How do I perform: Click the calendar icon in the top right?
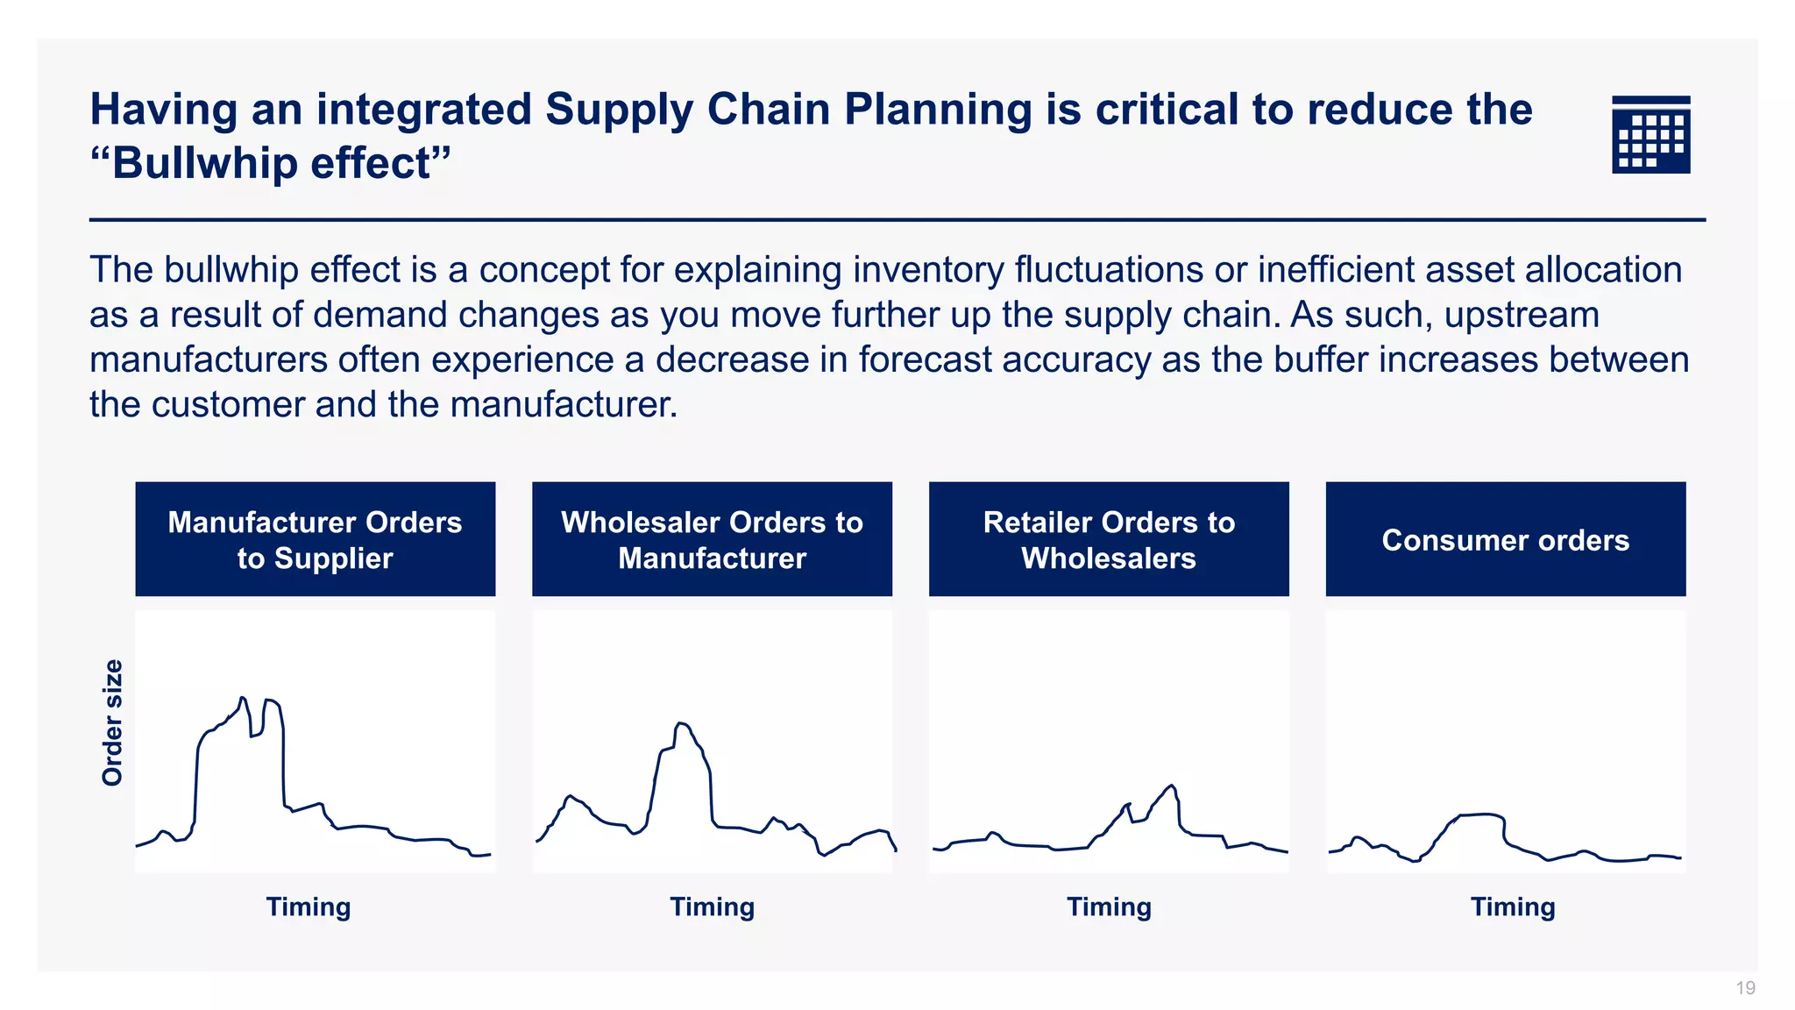coord(1650,134)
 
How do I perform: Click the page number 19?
coord(1745,988)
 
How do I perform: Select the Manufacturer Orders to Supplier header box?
coord(315,539)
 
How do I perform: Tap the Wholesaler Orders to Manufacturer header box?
coord(712,539)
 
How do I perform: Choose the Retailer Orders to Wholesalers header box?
coord(1109,539)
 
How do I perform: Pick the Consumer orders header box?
coord(1505,539)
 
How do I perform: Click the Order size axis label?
coord(112,722)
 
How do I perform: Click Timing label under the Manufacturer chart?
coord(309,907)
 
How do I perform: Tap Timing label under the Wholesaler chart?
coord(712,907)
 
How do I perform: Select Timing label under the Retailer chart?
coord(1109,907)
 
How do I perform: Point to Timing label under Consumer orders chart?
coord(1513,907)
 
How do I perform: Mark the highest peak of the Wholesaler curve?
coord(682,723)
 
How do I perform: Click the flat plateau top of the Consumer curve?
coord(1481,814)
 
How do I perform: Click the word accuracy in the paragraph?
coord(1090,360)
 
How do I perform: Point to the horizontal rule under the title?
coord(897,220)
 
